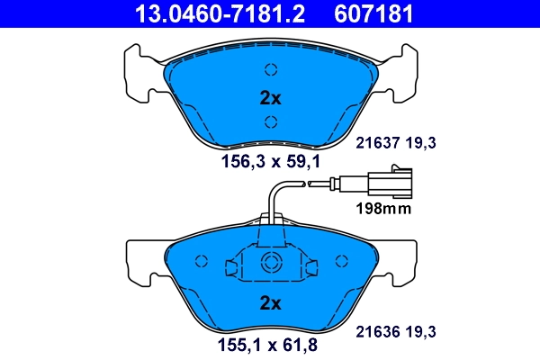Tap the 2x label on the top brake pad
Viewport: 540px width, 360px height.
click(270, 98)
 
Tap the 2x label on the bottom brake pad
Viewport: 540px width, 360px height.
click(270, 301)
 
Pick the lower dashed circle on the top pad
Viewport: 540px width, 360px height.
click(270, 124)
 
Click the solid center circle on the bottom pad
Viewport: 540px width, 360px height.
click(270, 263)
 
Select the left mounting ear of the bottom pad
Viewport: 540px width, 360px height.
click(138, 263)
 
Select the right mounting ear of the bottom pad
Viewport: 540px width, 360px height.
click(402, 263)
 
